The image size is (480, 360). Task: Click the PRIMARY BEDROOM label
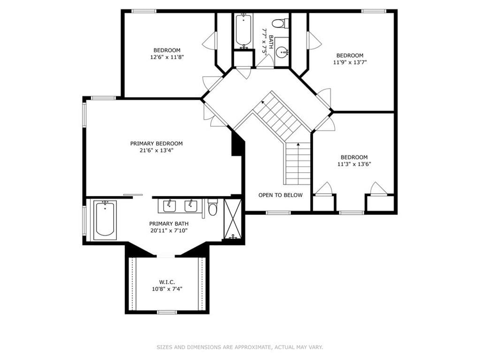tap(156, 144)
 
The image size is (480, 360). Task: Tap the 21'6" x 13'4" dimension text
tap(156, 150)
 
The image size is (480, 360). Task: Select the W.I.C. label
tap(167, 282)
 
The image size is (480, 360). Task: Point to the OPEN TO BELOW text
tap(281, 195)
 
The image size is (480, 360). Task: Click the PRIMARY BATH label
tap(168, 224)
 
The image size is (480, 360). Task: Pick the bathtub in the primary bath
tap(105, 220)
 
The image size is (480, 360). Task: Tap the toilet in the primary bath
tap(213, 207)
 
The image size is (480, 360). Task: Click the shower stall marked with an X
tap(233, 219)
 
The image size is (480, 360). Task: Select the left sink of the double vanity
tap(168, 207)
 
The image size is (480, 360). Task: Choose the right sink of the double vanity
tap(190, 207)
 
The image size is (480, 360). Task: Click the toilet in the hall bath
tap(281, 23)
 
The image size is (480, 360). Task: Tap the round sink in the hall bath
tap(282, 53)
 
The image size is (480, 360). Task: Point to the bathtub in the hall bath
tap(244, 31)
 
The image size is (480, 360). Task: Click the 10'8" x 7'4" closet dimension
tap(167, 289)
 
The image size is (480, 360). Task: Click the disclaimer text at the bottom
tap(240, 347)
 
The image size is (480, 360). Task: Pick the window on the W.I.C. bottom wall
tap(167, 312)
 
